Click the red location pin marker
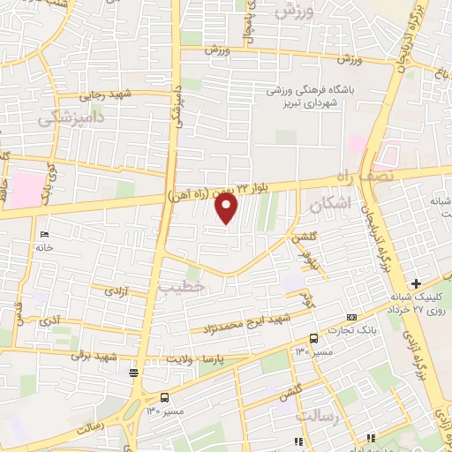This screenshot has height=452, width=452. tap(227, 208)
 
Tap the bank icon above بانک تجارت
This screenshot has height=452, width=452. tap(352, 317)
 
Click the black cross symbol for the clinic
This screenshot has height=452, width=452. tap(441, 307)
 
